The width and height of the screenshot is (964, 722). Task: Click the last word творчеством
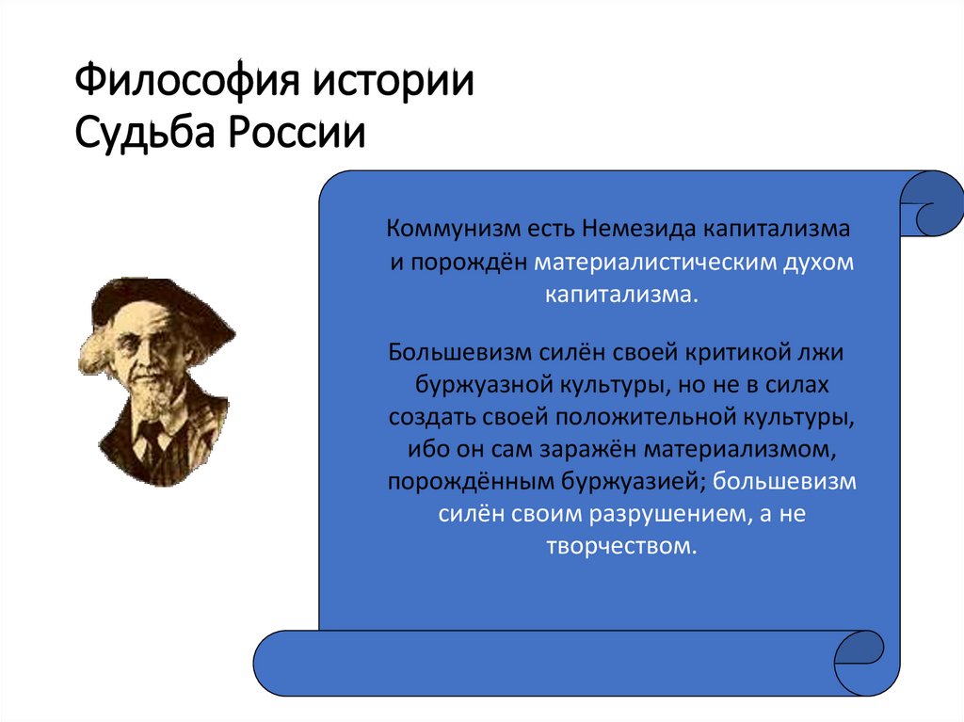[x=621, y=546]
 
